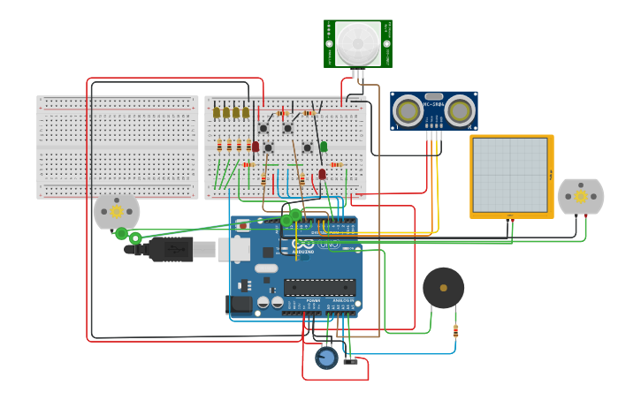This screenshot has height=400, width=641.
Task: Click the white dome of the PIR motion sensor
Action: point(357,41)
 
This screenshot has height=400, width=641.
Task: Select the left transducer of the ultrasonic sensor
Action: point(408,111)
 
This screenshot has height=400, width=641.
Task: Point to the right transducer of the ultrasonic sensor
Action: point(460,111)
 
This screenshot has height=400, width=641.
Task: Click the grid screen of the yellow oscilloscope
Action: point(510,175)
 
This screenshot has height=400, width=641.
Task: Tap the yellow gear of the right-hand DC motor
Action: point(581,196)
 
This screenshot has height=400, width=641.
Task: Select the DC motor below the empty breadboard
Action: point(117,212)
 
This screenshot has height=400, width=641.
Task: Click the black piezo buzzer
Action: point(443,288)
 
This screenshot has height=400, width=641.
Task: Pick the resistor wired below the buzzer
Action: point(455,331)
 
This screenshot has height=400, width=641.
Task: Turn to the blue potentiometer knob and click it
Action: point(326,358)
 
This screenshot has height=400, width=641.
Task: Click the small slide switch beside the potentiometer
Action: point(351,360)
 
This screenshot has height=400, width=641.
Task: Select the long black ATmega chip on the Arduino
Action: point(319,287)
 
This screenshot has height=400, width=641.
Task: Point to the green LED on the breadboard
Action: point(324,147)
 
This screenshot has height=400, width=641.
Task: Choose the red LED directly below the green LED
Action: point(322,174)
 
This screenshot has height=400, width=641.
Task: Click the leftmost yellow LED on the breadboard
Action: point(217,112)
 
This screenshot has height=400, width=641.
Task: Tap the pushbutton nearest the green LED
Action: point(307,147)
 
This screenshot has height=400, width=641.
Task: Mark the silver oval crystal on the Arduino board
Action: point(266,268)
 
